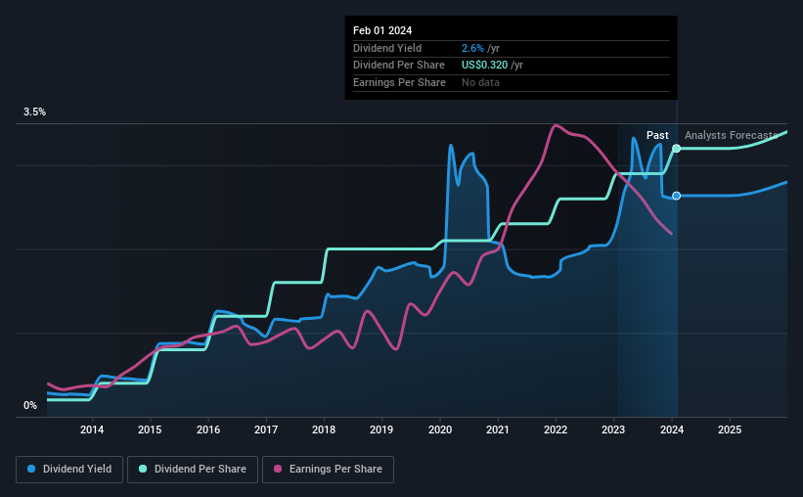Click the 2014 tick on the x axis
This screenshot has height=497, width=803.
pos(92,429)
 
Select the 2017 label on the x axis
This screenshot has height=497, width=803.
pos(266,429)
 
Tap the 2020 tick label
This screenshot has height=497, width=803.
pos(440,429)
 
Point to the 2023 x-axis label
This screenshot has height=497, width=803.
pos(614,429)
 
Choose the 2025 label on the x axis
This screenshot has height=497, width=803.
pos(730,429)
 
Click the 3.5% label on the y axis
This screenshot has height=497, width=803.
pos(35,113)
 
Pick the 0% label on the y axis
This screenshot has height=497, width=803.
pos(30,405)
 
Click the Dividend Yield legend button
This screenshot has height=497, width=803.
pos(68,470)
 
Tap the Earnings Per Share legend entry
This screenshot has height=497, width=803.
pos(329,470)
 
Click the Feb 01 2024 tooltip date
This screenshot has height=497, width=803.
pos(381,30)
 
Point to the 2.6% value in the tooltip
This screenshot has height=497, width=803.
pos(472,48)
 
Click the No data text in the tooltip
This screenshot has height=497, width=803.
pos(481,83)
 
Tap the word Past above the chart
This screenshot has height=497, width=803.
pos(657,135)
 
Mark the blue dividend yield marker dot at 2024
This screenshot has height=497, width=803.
pos(676,196)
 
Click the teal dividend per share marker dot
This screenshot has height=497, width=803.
pos(676,148)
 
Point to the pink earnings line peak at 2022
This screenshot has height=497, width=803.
pos(556,125)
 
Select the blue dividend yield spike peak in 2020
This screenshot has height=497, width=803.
pos(451,146)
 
